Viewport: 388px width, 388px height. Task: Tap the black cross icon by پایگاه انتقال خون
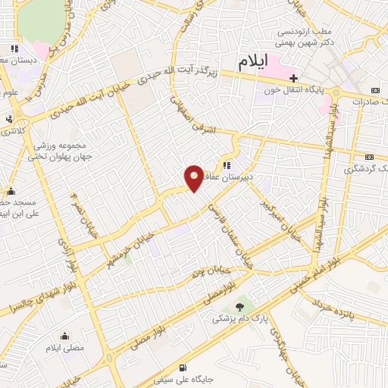(x=293, y=78)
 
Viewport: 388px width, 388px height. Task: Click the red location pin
(x=194, y=179)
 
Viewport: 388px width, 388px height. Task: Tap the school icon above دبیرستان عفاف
(x=227, y=164)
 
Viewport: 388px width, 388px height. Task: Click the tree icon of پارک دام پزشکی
(x=240, y=306)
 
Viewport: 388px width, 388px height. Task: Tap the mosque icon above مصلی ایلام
(x=64, y=336)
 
